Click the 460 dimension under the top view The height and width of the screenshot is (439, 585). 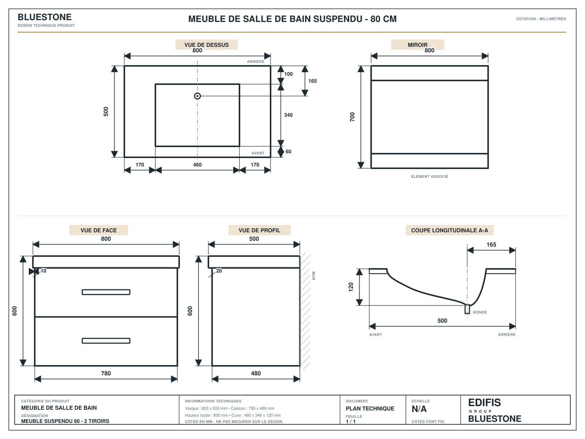click(x=197, y=165)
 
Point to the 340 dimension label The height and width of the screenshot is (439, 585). click(x=288, y=115)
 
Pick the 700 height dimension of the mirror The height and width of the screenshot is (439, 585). click(x=352, y=117)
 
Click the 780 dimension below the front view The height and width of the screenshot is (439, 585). click(x=106, y=373)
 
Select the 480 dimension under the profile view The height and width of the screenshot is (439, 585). click(x=255, y=373)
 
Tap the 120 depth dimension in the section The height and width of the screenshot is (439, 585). click(x=351, y=287)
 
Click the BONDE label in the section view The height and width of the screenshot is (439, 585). click(x=480, y=312)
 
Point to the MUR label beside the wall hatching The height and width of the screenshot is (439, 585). click(x=314, y=275)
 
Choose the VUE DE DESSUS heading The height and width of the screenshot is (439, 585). click(x=206, y=45)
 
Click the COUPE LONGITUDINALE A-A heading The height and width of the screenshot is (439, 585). click(x=449, y=230)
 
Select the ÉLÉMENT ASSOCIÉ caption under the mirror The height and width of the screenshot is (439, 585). click(x=429, y=176)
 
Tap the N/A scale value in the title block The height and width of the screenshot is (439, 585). click(x=419, y=409)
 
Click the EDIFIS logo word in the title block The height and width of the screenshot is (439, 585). click(x=484, y=402)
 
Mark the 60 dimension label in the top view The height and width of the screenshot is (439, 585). click(x=288, y=151)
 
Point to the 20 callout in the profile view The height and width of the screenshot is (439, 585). click(x=219, y=271)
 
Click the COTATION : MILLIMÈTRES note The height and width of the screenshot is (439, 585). click(x=541, y=19)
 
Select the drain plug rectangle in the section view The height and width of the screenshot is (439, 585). click(x=467, y=309)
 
